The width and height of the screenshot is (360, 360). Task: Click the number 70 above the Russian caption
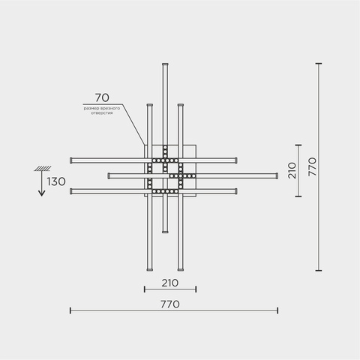[102, 97]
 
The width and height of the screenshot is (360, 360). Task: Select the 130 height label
[56, 181]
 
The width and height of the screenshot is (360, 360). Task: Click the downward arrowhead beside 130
[42, 193]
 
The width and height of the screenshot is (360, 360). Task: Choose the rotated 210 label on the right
[292, 170]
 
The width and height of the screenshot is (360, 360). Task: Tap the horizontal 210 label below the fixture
[169, 283]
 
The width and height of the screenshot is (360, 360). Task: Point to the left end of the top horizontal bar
[71, 160]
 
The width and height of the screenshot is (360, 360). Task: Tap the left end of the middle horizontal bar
[109, 175]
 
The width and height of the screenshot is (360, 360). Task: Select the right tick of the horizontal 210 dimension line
[196, 289]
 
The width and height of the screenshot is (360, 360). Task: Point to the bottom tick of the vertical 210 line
[298, 196]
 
